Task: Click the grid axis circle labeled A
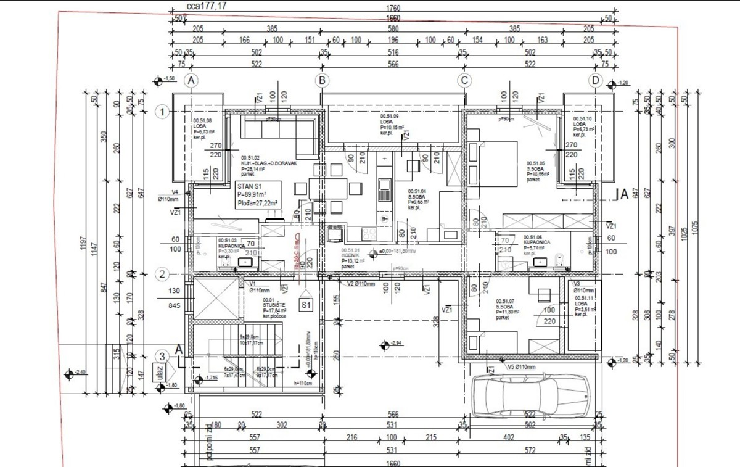192,80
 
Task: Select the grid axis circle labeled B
321,80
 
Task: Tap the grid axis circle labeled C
464,80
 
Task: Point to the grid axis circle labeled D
595,80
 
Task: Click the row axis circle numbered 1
162,112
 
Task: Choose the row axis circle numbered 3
162,356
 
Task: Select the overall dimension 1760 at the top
393,8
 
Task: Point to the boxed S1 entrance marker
306,305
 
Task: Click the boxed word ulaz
154,372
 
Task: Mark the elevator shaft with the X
215,300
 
